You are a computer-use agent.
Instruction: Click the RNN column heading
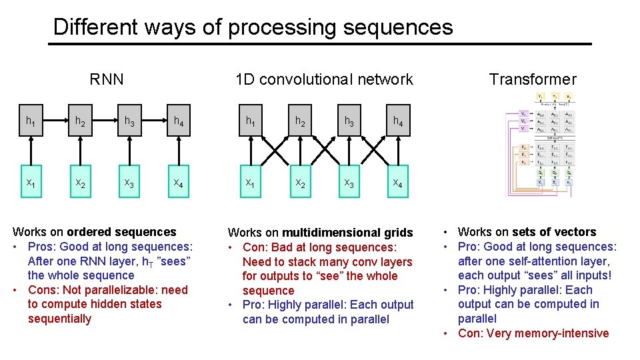point(107,79)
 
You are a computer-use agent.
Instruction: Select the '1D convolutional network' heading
point(324,79)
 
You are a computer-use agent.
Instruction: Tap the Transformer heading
point(532,79)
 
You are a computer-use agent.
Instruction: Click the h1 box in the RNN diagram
point(31,122)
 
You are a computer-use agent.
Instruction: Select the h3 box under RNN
point(129,122)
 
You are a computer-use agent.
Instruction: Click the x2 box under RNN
point(80,183)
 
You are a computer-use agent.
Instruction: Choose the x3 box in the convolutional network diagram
point(349,183)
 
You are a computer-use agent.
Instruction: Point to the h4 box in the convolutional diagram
point(398,122)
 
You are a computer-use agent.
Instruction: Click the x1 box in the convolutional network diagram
point(250,183)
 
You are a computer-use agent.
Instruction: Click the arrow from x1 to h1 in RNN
point(31,153)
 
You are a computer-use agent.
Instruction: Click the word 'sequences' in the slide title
point(397,27)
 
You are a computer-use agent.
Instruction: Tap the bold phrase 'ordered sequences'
point(121,232)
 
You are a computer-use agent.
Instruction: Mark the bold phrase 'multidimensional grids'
point(347,233)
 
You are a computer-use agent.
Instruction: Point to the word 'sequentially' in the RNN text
point(59,319)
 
